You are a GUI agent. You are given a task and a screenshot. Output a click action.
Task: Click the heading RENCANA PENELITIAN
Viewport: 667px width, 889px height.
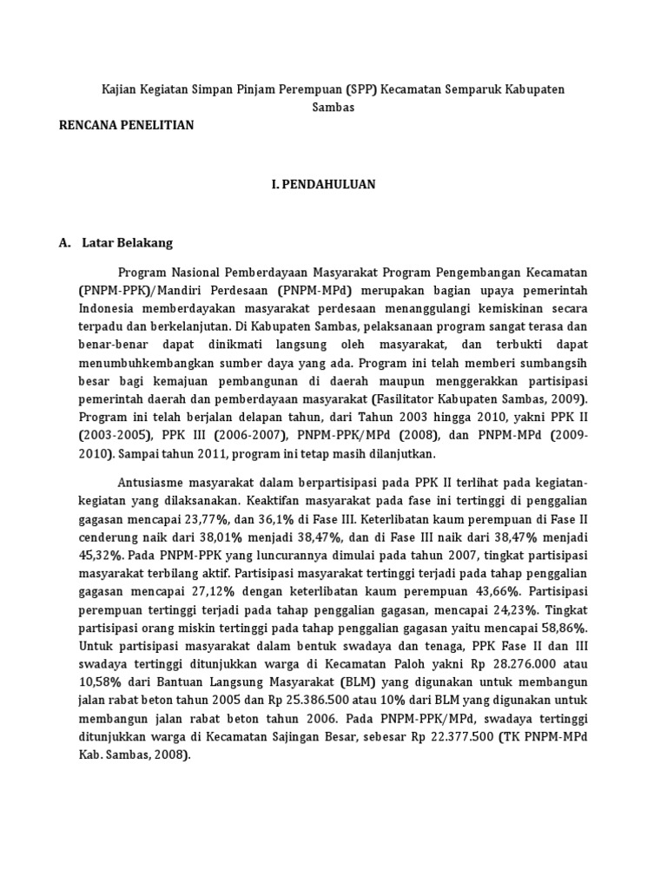(x=126, y=125)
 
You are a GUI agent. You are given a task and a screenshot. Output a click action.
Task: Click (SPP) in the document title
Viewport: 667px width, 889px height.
(x=363, y=90)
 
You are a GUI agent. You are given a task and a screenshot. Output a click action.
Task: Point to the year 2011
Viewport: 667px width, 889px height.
(x=223, y=454)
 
